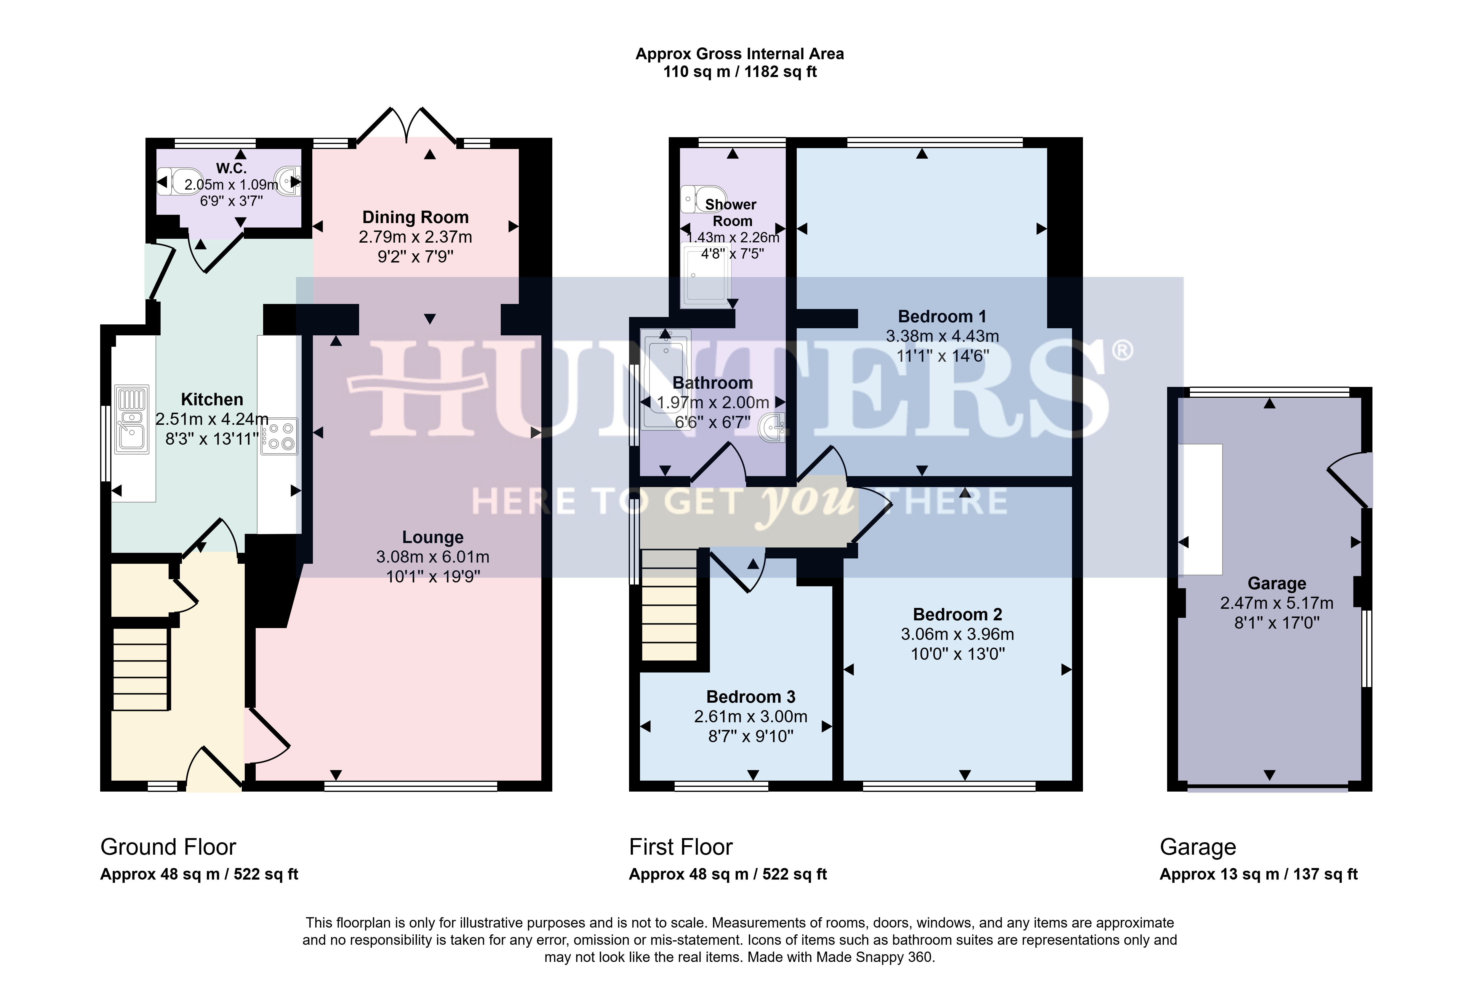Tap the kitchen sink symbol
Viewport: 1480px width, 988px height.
(x=132, y=420)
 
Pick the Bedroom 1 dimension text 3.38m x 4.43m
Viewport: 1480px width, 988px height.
(x=943, y=337)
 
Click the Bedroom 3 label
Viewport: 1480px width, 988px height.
(x=751, y=697)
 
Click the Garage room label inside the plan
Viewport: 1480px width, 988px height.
(x=1277, y=584)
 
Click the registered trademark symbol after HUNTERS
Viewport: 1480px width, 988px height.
(x=1122, y=350)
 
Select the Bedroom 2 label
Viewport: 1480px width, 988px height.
(x=958, y=614)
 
